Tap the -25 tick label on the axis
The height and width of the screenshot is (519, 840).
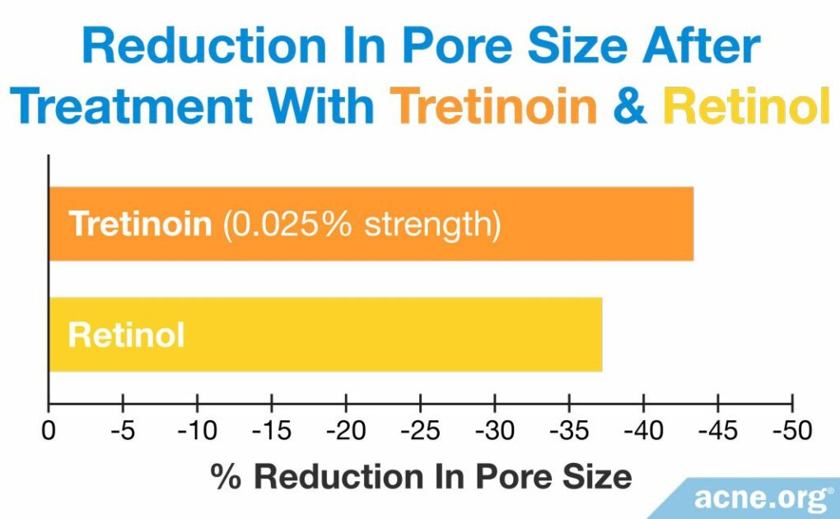[420, 430]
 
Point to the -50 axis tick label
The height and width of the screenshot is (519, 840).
[791, 430]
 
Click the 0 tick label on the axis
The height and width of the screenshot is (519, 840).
[49, 430]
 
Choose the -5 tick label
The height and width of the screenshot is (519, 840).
[122, 430]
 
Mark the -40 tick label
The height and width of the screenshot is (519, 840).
[643, 430]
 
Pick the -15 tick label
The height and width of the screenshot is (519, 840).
[271, 430]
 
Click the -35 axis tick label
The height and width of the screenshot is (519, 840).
[569, 430]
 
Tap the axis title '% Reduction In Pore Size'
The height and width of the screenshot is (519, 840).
[421, 475]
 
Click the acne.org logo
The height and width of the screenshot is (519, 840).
[762, 498]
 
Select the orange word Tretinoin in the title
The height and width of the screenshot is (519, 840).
[494, 107]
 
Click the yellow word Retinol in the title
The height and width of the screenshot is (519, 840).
[746, 107]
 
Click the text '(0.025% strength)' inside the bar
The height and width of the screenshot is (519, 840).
[361, 224]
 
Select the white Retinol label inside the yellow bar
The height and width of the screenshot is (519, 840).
[126, 335]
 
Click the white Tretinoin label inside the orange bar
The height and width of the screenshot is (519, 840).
[140, 224]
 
